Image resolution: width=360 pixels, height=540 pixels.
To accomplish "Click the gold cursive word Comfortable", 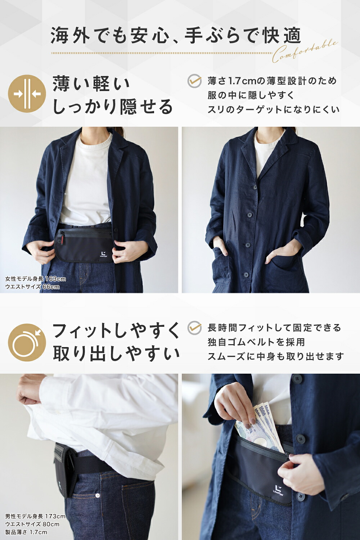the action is [305, 51].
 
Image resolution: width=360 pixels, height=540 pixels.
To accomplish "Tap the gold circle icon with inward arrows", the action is [27, 94].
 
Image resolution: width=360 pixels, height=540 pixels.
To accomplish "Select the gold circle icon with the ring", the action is [27, 343].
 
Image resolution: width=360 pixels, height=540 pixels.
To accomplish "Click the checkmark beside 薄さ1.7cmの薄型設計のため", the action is [194, 81].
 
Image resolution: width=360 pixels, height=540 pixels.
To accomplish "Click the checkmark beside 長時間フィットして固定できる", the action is [194, 328].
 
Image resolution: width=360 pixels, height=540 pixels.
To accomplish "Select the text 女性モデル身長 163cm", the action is [35, 279].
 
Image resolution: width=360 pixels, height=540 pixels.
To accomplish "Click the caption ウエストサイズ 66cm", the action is [32, 287].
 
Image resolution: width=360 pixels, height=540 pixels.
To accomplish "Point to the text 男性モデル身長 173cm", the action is [35, 516].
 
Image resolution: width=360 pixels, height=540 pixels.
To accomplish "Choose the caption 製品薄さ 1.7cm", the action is [26, 532].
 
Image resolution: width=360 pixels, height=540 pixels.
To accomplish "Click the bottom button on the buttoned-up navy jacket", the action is [246, 274].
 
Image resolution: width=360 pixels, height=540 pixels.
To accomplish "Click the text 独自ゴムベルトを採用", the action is [256, 342].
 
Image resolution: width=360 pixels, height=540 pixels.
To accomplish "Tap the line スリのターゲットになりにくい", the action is [274, 110].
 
